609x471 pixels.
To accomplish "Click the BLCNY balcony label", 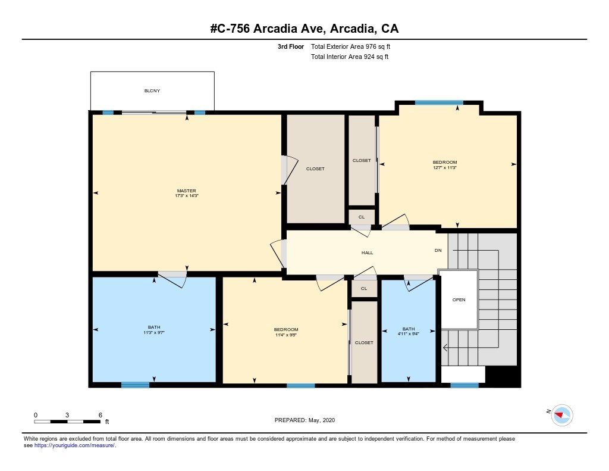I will tap(152, 91).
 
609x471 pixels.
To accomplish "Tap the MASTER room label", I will tap(186, 191).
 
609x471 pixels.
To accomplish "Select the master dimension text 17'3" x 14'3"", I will tap(186, 196).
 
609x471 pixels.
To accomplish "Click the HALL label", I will tap(368, 253).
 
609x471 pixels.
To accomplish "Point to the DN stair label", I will tap(438, 250).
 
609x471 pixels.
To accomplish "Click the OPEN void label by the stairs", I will tap(459, 300).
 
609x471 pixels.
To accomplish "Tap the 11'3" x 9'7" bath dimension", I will tap(154, 332).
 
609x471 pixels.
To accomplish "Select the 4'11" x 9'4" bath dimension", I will tap(409, 334).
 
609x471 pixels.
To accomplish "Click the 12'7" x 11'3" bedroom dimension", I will tap(445, 168).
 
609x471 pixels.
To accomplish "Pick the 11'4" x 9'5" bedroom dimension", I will tap(286, 335).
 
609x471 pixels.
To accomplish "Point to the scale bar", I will tap(68, 422).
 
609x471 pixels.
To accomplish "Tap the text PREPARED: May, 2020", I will tap(304, 420).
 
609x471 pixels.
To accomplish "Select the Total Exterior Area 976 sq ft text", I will tap(350, 46).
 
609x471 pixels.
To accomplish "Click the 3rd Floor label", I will tap(291, 46).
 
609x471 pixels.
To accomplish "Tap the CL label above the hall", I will tap(362, 217).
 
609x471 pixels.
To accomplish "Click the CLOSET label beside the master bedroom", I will tap(315, 169).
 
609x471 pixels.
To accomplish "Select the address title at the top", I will tap(304, 29).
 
